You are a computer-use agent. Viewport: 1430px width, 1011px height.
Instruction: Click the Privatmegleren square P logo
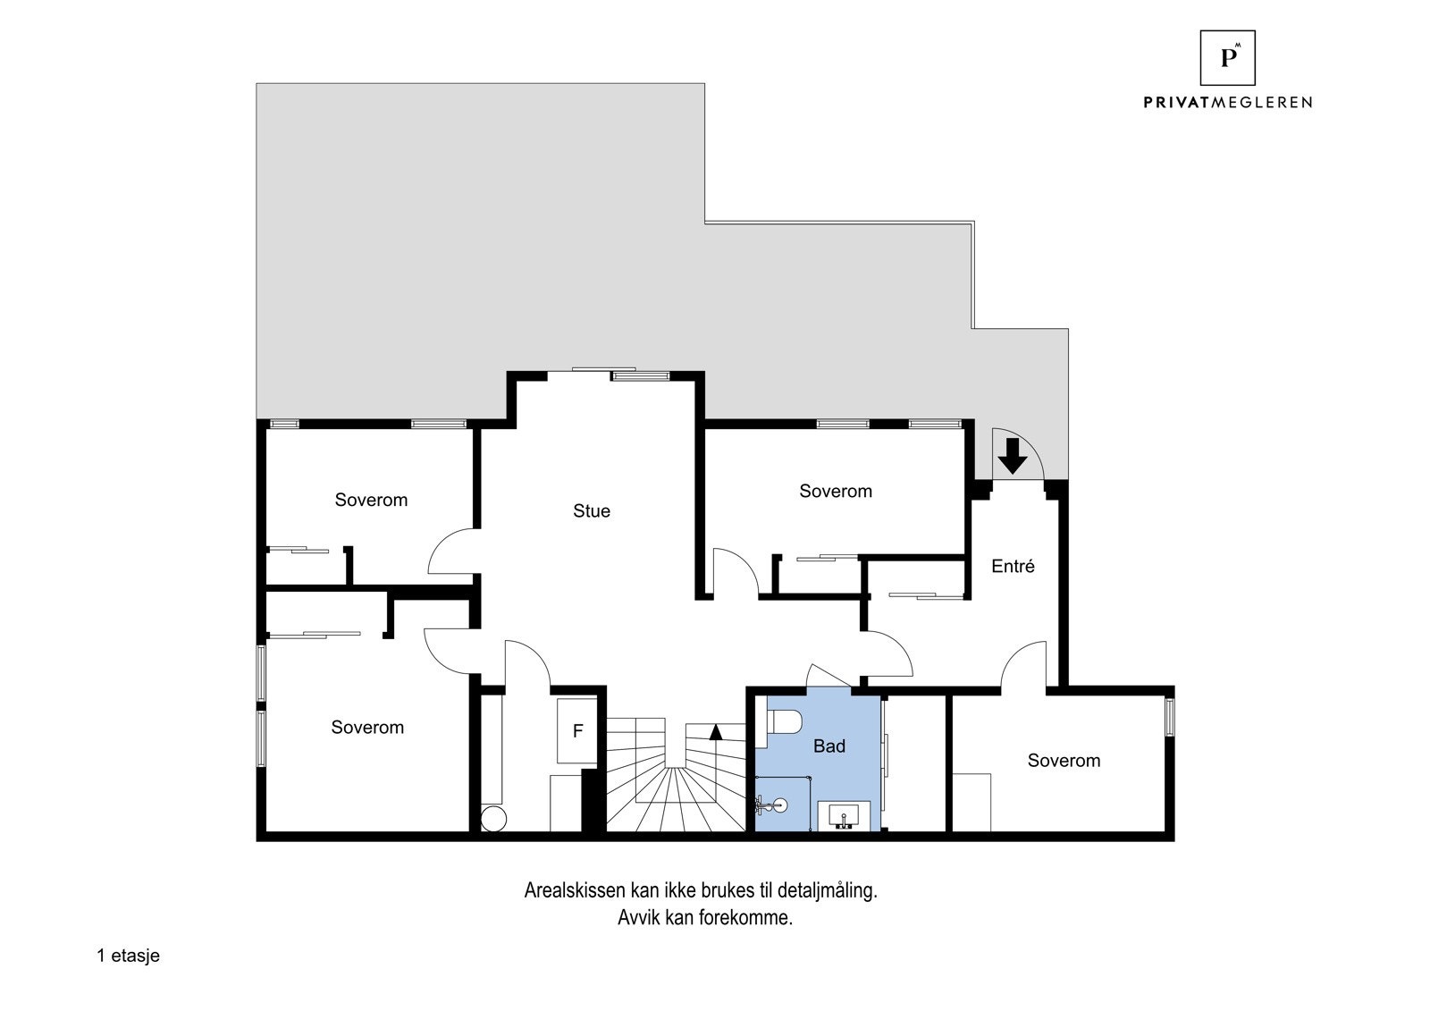pyautogui.click(x=1227, y=58)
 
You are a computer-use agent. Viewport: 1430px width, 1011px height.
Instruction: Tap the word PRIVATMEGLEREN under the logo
pyautogui.click(x=1227, y=103)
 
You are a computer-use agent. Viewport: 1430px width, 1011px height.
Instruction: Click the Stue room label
pyautogui.click(x=592, y=511)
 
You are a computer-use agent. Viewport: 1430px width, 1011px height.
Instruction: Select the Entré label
pyautogui.click(x=1013, y=566)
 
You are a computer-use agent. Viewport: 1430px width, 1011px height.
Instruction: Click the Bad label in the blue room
pyautogui.click(x=829, y=746)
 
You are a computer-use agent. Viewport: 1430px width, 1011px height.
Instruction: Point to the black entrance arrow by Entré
pyautogui.click(x=1012, y=455)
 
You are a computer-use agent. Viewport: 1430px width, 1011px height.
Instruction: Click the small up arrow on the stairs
pyautogui.click(x=715, y=732)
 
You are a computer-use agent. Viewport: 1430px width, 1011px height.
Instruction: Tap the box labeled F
pyautogui.click(x=577, y=731)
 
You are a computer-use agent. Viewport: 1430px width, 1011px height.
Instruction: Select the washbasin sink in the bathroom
pyautogui.click(x=840, y=815)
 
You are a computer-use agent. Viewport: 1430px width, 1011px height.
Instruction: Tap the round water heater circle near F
pyautogui.click(x=493, y=818)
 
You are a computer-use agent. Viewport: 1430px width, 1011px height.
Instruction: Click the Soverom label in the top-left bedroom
pyautogui.click(x=371, y=500)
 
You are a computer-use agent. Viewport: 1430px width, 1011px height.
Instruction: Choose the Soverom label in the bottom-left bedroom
pyautogui.click(x=367, y=728)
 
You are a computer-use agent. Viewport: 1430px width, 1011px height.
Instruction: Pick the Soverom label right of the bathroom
pyautogui.click(x=1064, y=761)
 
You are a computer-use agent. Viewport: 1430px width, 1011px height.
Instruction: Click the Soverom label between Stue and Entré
pyautogui.click(x=835, y=491)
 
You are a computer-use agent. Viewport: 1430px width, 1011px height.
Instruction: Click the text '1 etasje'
pyautogui.click(x=128, y=956)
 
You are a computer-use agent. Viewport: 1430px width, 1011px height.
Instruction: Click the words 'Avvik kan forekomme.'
pyautogui.click(x=704, y=918)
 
